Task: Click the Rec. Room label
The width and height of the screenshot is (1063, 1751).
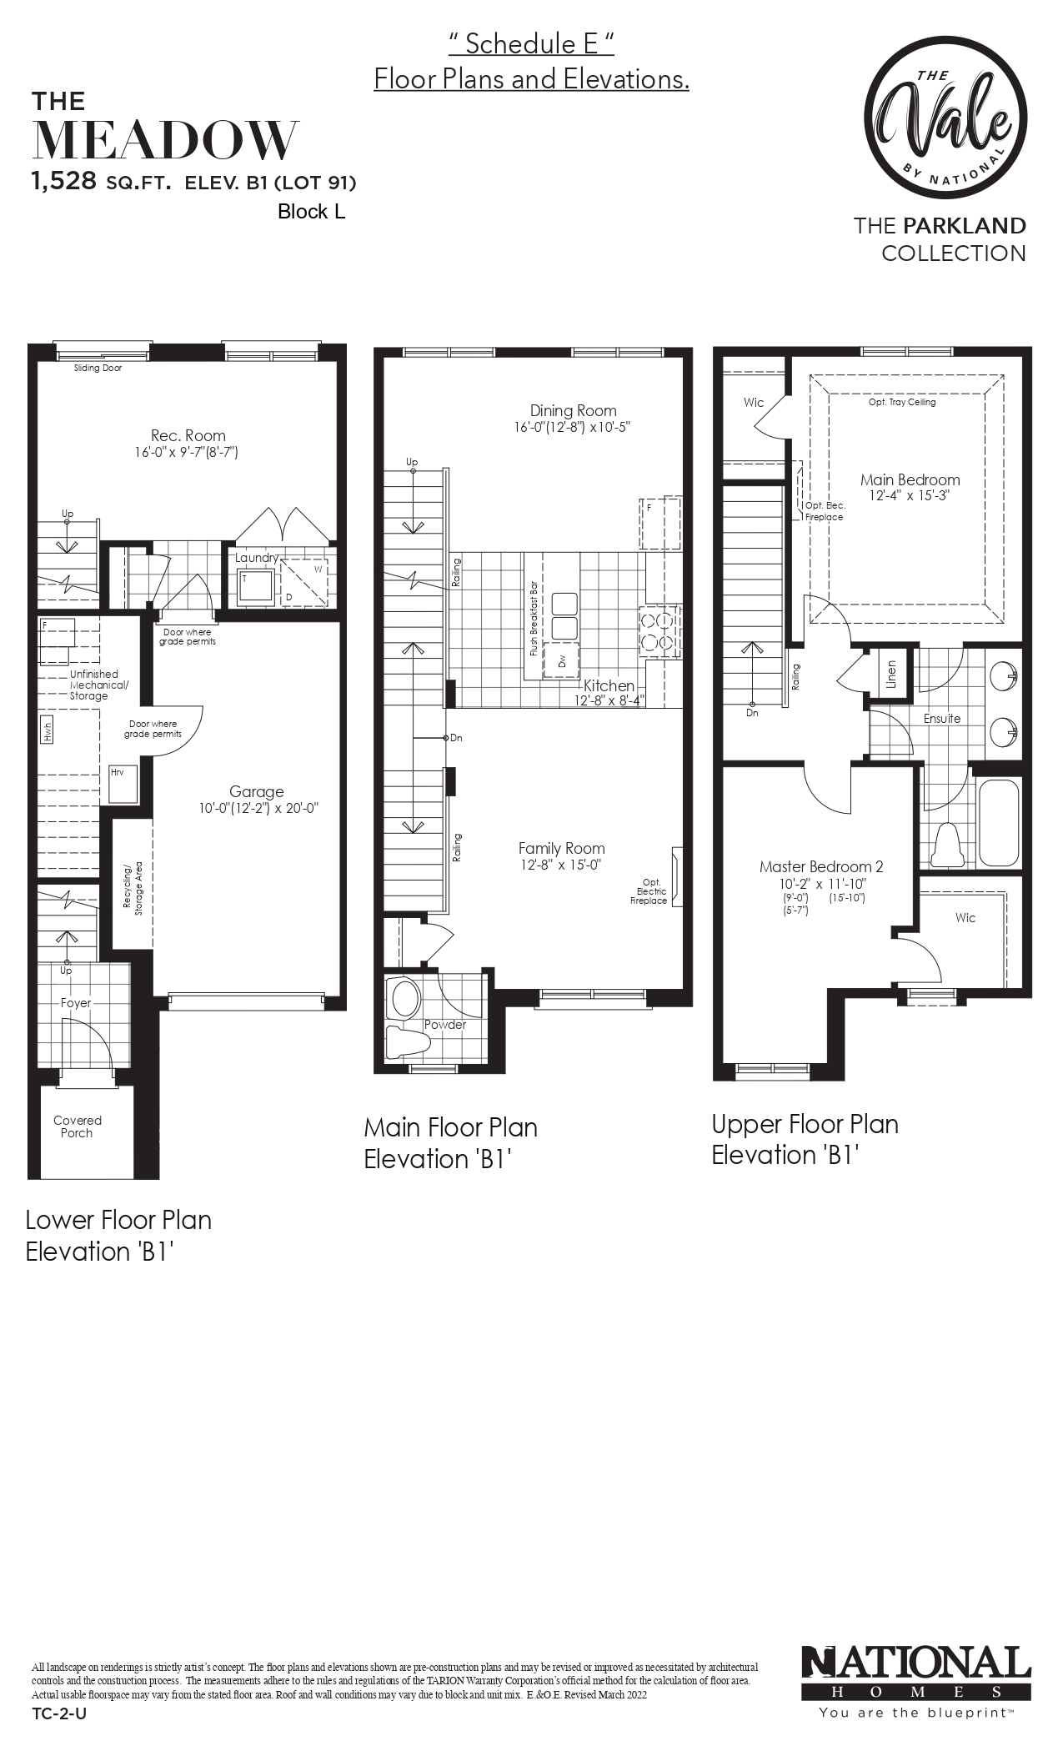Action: tap(188, 435)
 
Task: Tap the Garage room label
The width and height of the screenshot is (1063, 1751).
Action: tap(257, 791)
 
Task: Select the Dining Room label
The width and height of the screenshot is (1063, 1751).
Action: tap(574, 410)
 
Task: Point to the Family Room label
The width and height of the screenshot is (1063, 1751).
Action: tap(561, 849)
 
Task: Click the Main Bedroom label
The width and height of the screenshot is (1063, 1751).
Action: tap(910, 479)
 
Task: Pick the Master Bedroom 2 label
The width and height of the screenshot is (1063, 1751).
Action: tap(821, 866)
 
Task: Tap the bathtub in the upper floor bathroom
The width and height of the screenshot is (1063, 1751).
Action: tap(999, 823)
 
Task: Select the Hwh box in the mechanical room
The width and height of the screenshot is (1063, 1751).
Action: tap(48, 731)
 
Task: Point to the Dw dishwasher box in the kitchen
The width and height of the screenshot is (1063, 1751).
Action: tap(561, 660)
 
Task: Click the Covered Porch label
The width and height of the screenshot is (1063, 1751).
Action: tap(77, 1126)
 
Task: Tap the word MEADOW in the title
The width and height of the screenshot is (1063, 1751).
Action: tap(165, 140)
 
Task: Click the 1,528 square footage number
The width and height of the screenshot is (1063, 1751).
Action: tap(65, 182)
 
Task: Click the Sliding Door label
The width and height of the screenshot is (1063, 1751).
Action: tap(98, 368)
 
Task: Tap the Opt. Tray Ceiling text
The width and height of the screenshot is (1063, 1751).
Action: tap(902, 402)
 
